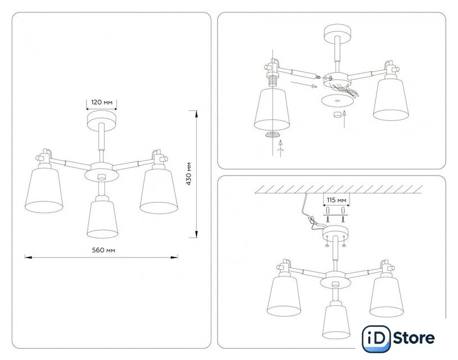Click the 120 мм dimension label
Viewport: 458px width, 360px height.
coord(102,102)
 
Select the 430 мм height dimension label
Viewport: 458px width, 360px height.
coord(189,174)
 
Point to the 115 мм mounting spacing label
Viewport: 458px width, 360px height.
coord(337,200)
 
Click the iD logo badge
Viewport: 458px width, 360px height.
coord(376,339)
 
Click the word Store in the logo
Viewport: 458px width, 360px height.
coord(414,338)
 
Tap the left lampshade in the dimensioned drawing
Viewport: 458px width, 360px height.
coord(44,190)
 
